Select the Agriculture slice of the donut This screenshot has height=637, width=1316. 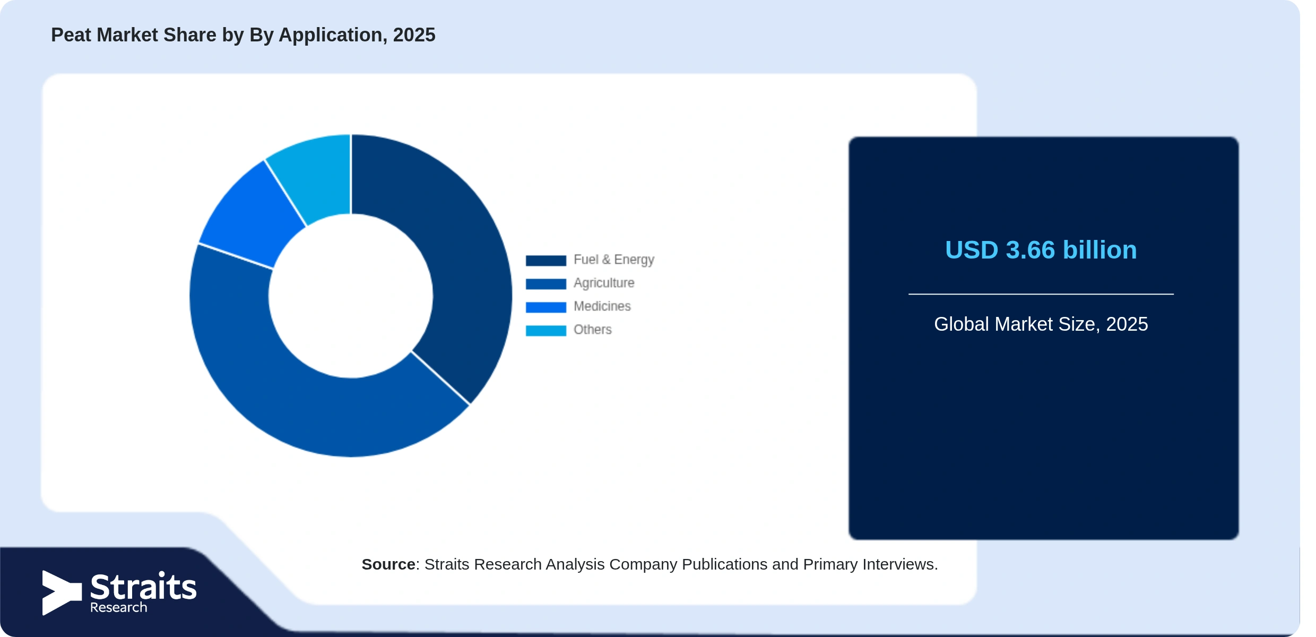[297, 403]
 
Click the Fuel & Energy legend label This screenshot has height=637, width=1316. [614, 260]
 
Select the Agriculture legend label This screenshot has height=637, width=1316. [604, 283]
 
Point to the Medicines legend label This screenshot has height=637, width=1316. [602, 306]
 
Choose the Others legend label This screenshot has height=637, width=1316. [593, 330]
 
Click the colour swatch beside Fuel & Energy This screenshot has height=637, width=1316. [546, 261]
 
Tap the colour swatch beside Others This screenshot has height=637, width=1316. [546, 331]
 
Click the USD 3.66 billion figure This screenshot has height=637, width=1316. [1041, 250]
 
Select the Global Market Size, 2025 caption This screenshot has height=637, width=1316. [1041, 324]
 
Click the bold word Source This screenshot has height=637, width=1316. [388, 564]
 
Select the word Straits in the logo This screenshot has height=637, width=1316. [143, 587]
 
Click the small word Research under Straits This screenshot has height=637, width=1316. [118, 608]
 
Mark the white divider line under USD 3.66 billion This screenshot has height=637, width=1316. [1041, 294]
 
